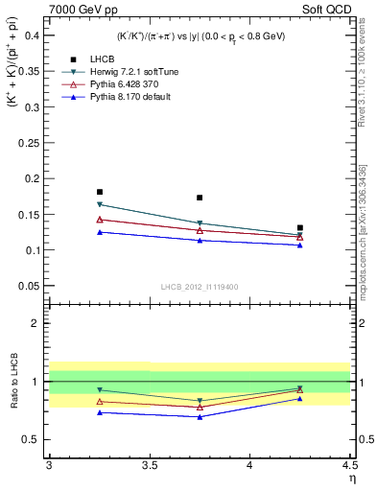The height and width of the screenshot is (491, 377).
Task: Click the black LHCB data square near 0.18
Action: point(99,192)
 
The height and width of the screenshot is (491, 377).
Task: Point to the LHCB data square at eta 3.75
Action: point(200,198)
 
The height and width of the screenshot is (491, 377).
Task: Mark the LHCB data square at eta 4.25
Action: point(300,228)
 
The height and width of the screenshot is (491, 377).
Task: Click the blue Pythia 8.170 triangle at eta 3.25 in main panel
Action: point(99,232)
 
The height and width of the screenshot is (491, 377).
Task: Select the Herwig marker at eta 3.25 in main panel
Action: point(99,204)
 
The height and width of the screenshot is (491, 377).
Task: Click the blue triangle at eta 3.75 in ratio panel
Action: point(200,417)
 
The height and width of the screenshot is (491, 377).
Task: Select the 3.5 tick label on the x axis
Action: point(149,465)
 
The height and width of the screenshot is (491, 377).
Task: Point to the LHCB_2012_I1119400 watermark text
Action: point(200,287)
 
